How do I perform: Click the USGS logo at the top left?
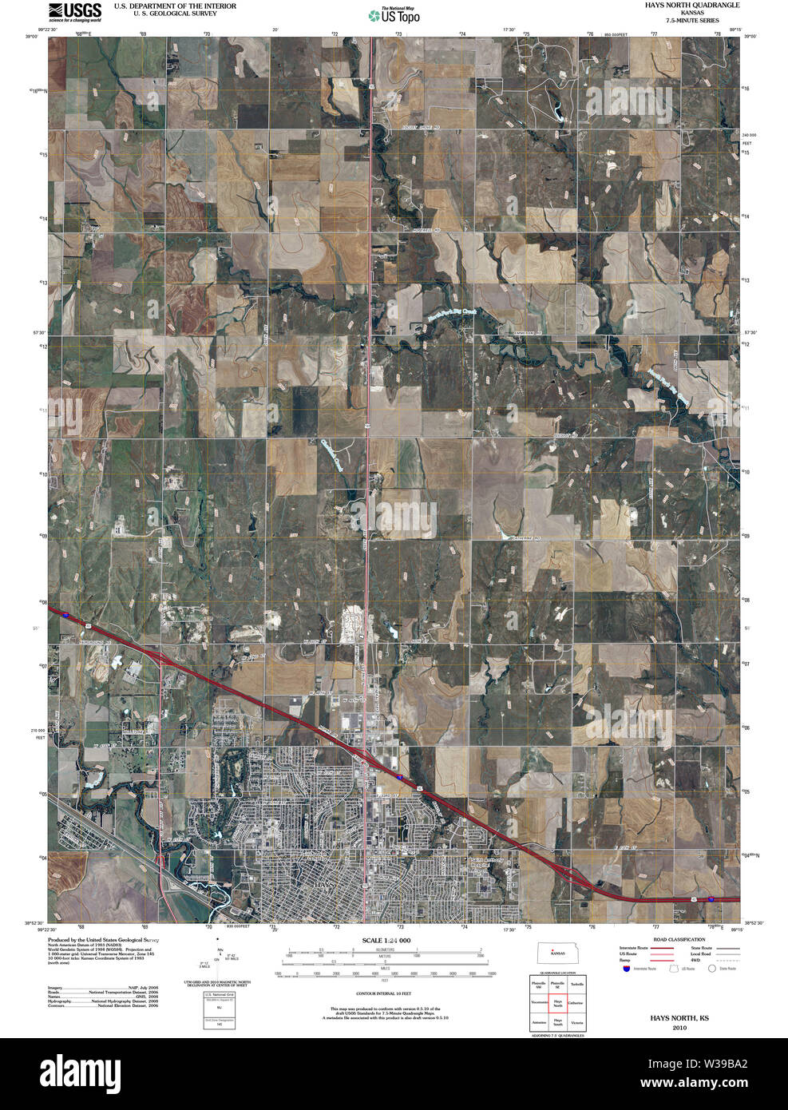pos(75,12)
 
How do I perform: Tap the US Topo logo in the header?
pos(394,15)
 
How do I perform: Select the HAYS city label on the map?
pos(327,886)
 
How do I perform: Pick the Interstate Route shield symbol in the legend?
pos(627,969)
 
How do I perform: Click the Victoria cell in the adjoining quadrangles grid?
pos(577,1022)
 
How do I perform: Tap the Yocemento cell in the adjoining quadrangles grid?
pos(539,1002)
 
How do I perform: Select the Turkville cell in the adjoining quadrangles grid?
pos(577,984)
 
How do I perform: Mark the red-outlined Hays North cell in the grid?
pos(558,1002)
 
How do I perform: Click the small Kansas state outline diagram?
pos(558,953)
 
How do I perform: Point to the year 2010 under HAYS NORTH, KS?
pos(679,1028)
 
